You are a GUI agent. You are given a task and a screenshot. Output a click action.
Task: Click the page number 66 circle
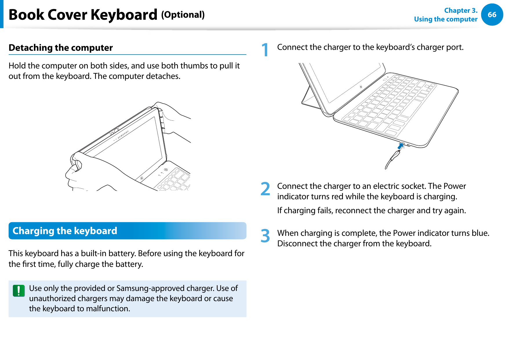point(492,15)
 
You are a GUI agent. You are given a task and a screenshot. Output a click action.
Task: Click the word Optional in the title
point(183,15)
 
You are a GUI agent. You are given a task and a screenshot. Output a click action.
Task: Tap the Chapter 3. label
point(460,10)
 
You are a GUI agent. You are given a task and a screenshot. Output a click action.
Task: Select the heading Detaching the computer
point(61,48)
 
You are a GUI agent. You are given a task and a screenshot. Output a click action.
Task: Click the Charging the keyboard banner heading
point(65,231)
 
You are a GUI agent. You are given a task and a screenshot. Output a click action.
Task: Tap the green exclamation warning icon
point(19,291)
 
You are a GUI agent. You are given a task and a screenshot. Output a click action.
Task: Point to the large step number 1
point(265,50)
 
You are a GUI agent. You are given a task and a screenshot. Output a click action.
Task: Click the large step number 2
point(265,189)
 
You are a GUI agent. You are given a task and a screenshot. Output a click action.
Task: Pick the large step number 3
point(265,236)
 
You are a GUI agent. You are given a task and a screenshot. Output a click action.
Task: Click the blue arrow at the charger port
point(401,146)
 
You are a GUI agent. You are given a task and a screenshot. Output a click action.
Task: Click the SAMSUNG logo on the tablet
point(123,134)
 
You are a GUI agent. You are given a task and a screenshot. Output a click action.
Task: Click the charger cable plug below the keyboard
point(395,157)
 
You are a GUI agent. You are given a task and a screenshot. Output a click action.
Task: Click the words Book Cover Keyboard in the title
point(83,15)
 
